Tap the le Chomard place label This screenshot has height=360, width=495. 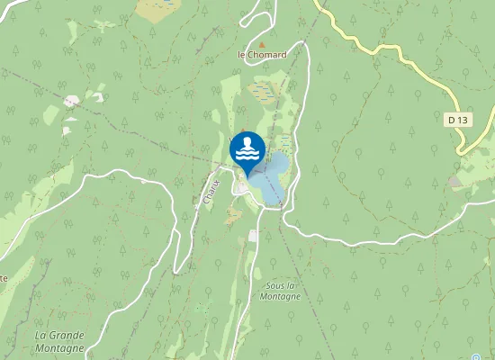[x=261, y=55]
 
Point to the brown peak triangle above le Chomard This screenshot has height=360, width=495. [x=262, y=43]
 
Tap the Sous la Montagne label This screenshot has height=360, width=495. [x=281, y=291]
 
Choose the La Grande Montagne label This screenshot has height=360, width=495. [x=59, y=341]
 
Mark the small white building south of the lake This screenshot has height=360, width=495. [x=254, y=236]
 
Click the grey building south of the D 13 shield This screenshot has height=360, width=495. [x=455, y=182]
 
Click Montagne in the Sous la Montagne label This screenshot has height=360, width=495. [x=281, y=296]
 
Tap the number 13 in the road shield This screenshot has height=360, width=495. [x=463, y=119]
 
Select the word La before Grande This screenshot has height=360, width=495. [x=41, y=336]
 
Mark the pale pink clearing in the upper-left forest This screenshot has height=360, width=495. [x=70, y=102]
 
